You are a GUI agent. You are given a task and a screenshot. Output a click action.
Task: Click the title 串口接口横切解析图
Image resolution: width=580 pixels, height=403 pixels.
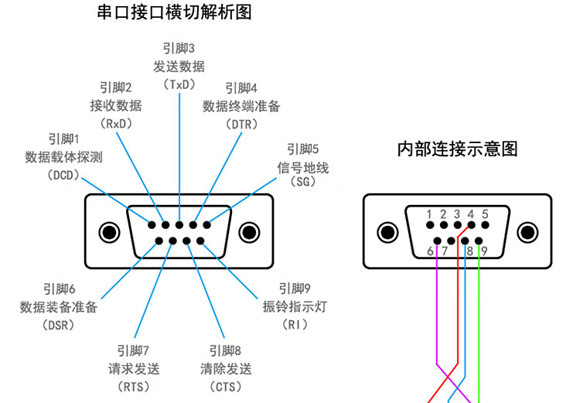[x=175, y=12]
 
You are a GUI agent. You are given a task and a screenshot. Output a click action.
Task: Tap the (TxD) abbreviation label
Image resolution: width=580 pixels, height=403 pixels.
[x=179, y=84]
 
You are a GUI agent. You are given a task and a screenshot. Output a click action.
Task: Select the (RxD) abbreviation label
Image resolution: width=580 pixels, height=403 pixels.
[x=116, y=123]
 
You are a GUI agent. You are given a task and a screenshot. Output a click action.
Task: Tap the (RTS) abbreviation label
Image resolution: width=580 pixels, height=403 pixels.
[x=133, y=385]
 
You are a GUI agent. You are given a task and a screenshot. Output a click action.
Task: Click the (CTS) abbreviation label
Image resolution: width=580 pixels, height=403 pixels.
[x=226, y=385]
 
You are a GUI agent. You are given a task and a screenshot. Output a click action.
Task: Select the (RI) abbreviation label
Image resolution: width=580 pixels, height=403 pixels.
[x=295, y=325]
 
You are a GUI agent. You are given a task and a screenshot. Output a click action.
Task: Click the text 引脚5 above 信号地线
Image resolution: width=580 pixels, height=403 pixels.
[x=302, y=149]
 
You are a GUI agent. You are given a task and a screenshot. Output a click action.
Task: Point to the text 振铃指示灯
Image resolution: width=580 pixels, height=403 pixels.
[x=295, y=306]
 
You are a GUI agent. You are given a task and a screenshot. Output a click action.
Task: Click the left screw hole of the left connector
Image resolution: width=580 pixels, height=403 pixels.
[x=110, y=232]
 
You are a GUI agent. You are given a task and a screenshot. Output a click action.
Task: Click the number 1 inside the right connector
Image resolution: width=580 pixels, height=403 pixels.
[x=428, y=213]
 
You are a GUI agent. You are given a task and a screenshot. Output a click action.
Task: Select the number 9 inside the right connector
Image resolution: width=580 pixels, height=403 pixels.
[x=483, y=251]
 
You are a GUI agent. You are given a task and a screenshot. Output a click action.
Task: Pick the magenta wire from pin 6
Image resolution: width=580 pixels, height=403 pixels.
[x=438, y=309]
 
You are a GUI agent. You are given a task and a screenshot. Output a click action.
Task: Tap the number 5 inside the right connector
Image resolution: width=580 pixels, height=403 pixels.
[x=485, y=213]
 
